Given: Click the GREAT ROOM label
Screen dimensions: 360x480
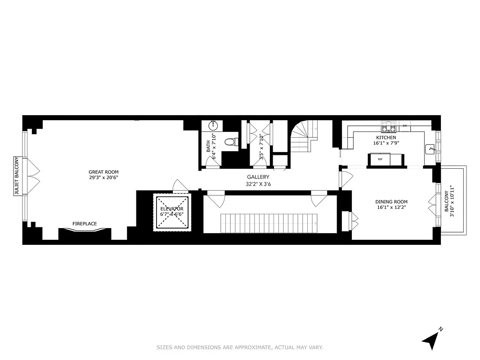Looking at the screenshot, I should [103, 172].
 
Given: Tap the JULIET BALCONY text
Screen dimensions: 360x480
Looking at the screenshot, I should [17, 176].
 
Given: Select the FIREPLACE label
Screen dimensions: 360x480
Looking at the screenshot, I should [85, 224].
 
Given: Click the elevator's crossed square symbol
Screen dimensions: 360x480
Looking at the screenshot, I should [172, 212].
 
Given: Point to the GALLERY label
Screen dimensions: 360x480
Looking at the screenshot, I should [258, 177].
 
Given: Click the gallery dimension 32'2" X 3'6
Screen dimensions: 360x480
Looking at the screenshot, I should [258, 184].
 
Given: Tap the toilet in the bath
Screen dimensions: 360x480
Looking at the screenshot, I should [231, 142].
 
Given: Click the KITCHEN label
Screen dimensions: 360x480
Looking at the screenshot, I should [386, 138].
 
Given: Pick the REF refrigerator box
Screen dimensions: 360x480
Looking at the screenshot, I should [381, 159].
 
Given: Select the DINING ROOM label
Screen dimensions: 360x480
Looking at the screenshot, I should [391, 202].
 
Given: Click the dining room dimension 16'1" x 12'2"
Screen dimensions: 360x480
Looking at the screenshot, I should [391, 208].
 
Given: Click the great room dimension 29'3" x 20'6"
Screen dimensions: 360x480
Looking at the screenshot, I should [103, 178].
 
